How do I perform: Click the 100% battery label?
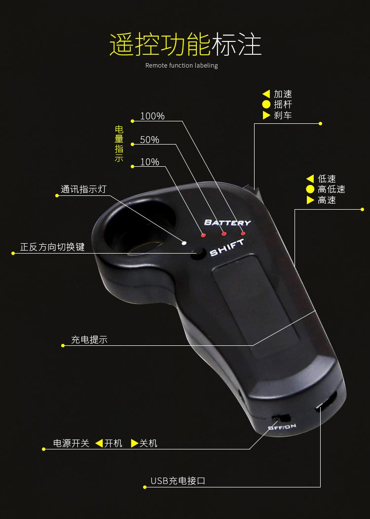(152, 116)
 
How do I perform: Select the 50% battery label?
(149, 140)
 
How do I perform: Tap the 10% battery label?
(149, 162)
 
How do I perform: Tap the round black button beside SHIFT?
(199, 254)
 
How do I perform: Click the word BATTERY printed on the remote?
(227, 222)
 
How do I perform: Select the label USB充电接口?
(178, 481)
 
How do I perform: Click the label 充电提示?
(89, 339)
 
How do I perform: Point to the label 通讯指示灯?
(83, 189)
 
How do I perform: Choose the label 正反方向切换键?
(52, 247)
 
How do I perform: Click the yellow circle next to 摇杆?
(266, 105)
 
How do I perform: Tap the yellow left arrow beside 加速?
(266, 94)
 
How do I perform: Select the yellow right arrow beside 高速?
(310, 200)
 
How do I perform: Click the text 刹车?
(283, 115)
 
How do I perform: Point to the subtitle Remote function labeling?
(182, 66)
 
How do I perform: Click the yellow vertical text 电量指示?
(119, 144)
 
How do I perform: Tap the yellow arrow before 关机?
(134, 444)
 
